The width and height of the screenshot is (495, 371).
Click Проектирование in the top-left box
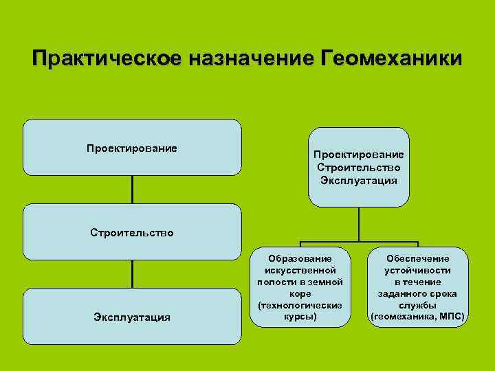coord(132,148)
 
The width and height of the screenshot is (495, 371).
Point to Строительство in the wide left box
coord(132,232)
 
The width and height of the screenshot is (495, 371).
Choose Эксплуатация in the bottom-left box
coord(132,317)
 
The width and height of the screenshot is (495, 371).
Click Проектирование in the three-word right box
coord(359,155)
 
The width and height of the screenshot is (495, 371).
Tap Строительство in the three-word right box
coord(359,168)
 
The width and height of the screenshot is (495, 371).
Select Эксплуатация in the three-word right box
coord(359,180)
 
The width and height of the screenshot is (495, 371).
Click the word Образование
coord(300,258)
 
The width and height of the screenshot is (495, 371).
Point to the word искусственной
coord(300,270)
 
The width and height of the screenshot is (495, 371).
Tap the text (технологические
coord(300,305)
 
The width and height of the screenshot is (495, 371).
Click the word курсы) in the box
coord(300,317)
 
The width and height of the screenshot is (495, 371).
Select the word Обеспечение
coord(417,258)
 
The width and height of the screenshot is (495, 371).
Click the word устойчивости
coord(417,270)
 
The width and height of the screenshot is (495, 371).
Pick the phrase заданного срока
coord(417,293)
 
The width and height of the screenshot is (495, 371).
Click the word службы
coord(417,305)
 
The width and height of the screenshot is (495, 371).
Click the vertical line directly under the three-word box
coord(359,224)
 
